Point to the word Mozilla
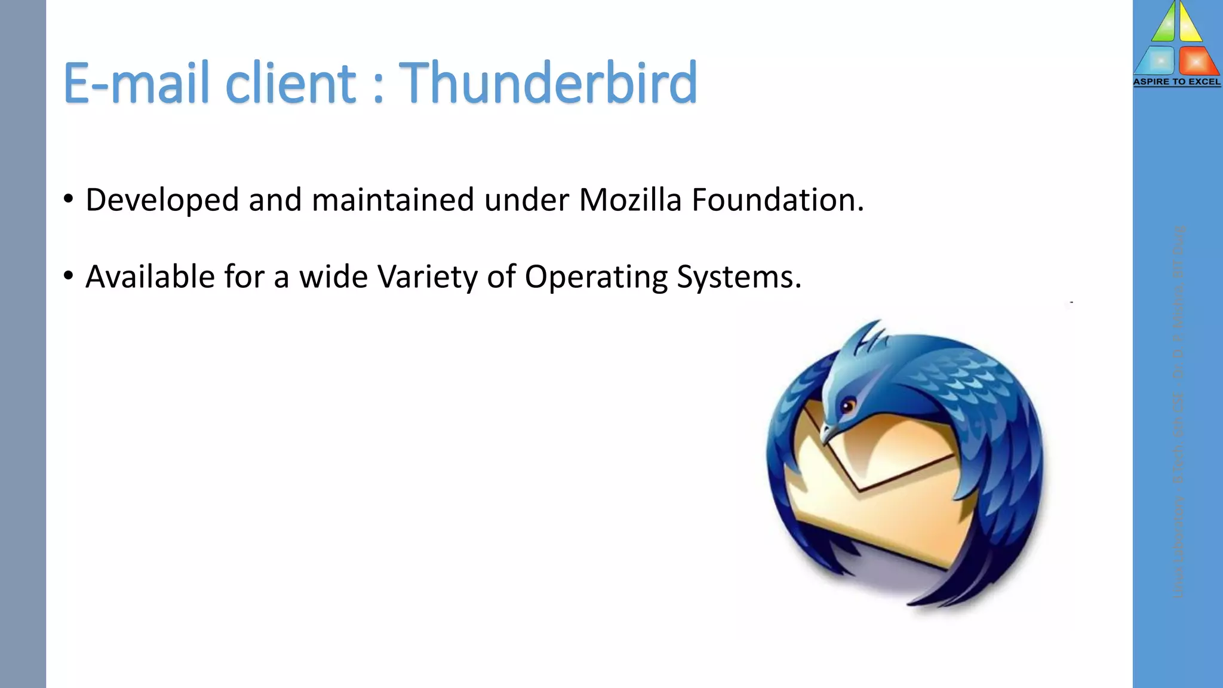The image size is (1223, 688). [x=630, y=199]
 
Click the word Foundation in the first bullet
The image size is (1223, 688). [x=778, y=199]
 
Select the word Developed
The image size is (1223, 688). [x=162, y=201]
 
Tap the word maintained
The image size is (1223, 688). [x=393, y=199]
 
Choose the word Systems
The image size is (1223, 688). [x=739, y=277]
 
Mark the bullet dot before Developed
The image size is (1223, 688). [x=69, y=199]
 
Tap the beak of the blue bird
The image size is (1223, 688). [x=827, y=434]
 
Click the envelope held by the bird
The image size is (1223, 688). [x=878, y=496]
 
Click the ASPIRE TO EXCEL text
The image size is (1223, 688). [x=1176, y=82]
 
